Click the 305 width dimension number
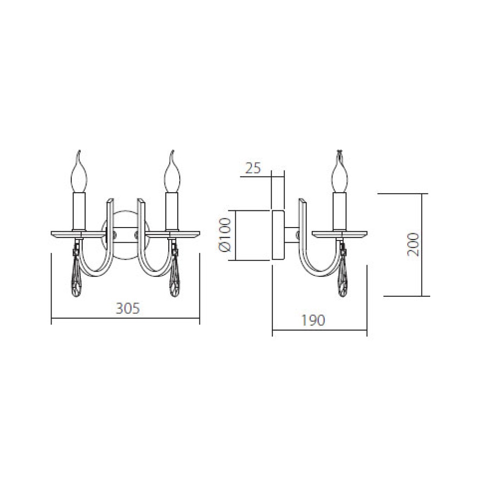tap(128, 308)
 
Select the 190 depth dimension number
tap(313, 320)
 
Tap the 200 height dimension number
tap(413, 244)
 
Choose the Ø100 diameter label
tap(225, 235)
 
